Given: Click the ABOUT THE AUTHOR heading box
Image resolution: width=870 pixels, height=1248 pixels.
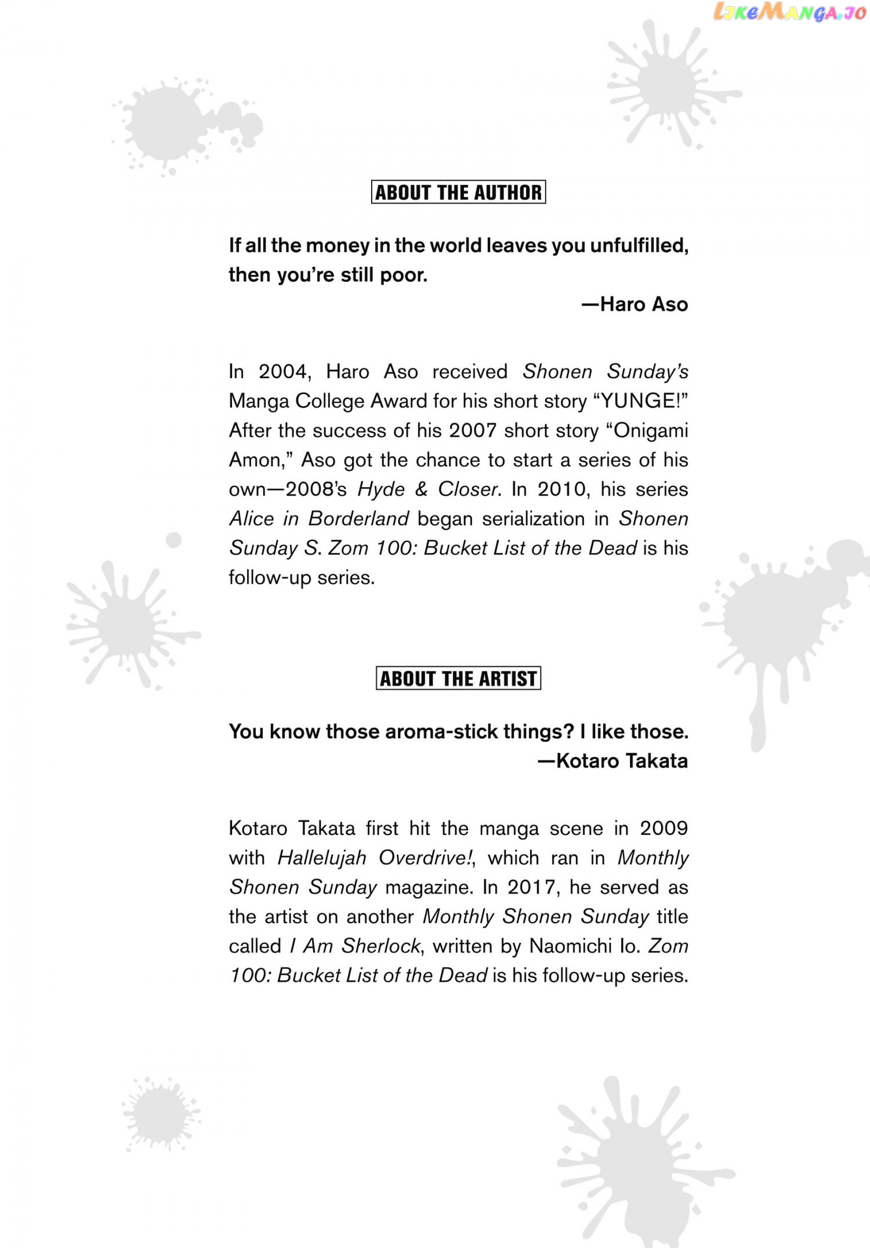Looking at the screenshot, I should coord(458,192).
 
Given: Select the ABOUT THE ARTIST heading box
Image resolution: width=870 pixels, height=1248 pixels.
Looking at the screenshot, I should coord(458,678).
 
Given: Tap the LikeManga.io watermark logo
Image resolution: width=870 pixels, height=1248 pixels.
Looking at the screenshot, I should coord(789,12).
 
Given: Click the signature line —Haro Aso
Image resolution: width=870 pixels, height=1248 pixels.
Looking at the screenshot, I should coord(635,304).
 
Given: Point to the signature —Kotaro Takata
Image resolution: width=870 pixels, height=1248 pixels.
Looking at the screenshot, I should coord(612,761).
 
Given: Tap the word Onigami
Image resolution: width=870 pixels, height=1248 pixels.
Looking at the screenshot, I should coord(651,430).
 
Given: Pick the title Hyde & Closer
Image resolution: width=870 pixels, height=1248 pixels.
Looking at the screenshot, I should coord(428,489).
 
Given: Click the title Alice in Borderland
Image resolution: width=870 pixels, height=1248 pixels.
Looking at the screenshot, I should coord(319,518).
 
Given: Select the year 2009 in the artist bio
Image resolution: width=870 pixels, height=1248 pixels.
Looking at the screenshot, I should coord(664,828).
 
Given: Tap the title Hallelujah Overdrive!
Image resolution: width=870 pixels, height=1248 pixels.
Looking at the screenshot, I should coord(375,858).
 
